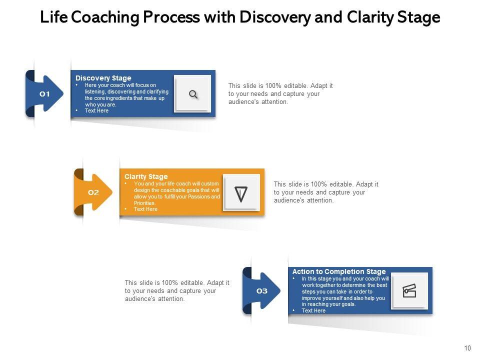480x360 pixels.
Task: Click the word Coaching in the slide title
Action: click(x=105, y=18)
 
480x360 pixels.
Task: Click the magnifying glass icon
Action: click(x=193, y=94)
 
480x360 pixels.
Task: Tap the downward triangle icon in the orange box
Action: click(x=241, y=193)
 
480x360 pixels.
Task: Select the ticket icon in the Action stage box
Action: click(x=409, y=291)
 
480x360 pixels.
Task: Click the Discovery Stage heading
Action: click(x=103, y=78)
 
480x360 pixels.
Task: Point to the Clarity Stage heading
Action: click(x=146, y=176)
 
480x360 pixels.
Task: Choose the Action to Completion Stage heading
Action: click(x=339, y=272)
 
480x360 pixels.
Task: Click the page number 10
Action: click(x=467, y=348)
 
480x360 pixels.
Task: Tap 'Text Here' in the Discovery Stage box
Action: click(x=96, y=111)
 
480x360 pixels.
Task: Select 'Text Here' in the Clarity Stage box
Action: click(x=145, y=209)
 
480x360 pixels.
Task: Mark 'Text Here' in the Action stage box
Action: click(x=313, y=310)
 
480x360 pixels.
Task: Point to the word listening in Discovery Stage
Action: click(x=97, y=92)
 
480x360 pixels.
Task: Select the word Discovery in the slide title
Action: click(x=275, y=18)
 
